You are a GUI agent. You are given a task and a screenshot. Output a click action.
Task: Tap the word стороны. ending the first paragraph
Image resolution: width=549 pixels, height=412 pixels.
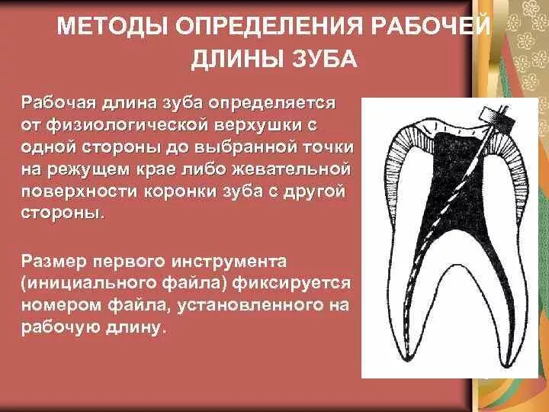pos(59,211)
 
